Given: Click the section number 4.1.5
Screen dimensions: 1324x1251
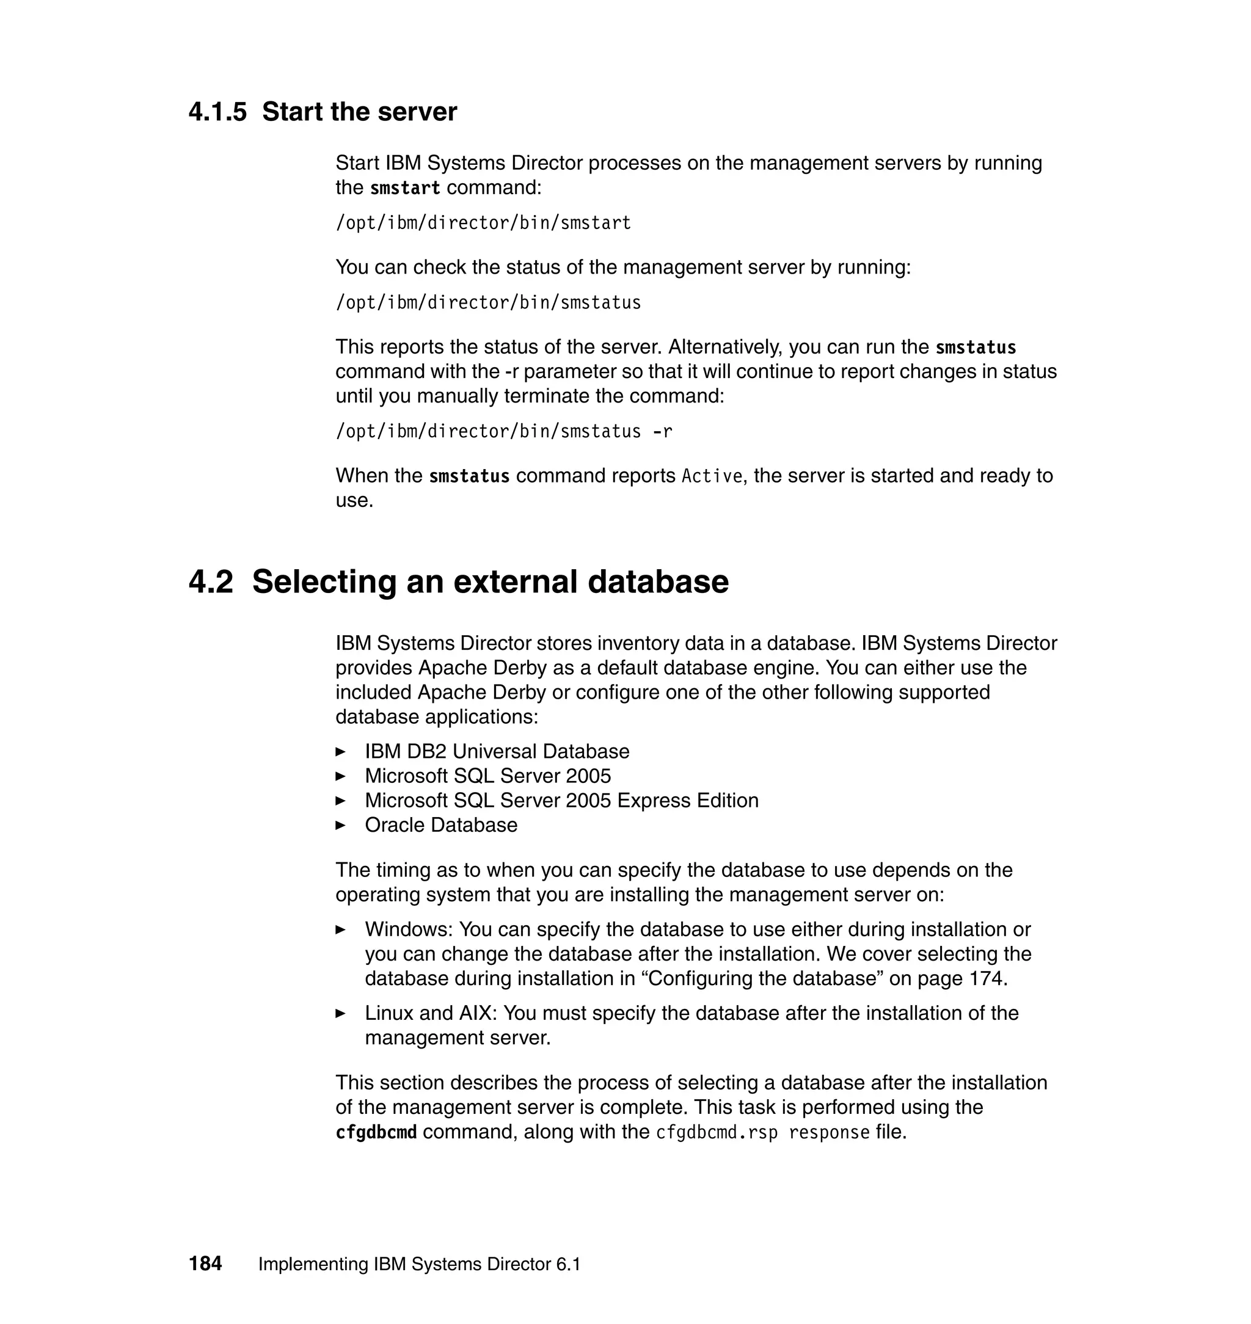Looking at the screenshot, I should point(217,112).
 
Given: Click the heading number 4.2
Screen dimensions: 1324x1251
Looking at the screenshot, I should point(211,581).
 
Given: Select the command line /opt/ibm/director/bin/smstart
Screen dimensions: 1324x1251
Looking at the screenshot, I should point(483,223).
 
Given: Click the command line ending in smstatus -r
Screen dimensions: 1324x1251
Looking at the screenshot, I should point(503,431).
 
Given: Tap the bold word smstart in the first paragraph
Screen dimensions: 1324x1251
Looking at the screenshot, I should point(405,189).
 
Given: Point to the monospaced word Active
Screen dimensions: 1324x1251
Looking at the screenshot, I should point(712,476).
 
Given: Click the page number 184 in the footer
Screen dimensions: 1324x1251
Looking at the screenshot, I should point(205,1264).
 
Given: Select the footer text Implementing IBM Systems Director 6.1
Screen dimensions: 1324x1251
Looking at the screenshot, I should point(419,1264).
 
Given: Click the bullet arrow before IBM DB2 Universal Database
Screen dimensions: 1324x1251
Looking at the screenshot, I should point(340,752).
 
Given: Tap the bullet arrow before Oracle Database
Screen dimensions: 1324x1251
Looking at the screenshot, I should point(340,825).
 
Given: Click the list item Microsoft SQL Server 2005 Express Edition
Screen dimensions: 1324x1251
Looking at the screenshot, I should point(561,801).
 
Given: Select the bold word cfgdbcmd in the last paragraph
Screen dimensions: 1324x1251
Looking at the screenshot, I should point(376,1133).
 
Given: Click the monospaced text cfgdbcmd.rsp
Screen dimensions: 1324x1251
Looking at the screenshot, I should point(717,1133).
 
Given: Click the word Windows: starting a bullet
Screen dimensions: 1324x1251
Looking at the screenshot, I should point(409,929).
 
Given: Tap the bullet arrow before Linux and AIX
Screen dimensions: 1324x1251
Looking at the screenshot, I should point(340,1013).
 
